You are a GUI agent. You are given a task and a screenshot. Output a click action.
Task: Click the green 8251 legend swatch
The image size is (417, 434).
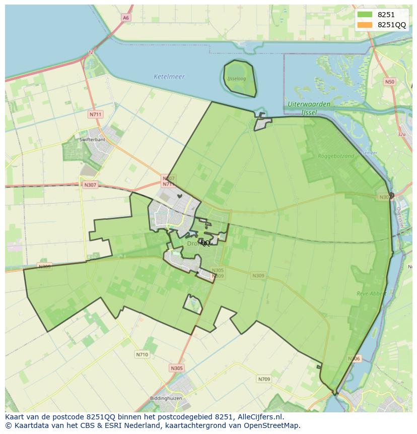pyautogui.click(x=365, y=15)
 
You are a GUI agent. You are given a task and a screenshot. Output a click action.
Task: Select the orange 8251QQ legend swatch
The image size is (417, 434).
pyautogui.click(x=365, y=25)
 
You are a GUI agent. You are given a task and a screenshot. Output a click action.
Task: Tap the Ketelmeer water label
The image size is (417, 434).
pyautogui.click(x=169, y=77)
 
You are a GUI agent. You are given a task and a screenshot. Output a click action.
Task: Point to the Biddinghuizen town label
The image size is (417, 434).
pyautogui.click(x=166, y=398)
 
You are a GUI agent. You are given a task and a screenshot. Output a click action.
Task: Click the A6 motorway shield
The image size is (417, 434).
pyautogui.click(x=125, y=18)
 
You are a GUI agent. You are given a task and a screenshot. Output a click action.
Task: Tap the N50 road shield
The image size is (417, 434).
pyautogui.click(x=389, y=82)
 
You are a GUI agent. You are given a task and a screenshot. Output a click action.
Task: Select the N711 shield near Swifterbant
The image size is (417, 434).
pyautogui.click(x=95, y=114)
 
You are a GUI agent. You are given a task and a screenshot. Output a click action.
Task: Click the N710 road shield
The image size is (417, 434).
pyautogui.click(x=142, y=354)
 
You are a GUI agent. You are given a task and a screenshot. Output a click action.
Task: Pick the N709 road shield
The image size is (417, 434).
pyautogui.click(x=264, y=379)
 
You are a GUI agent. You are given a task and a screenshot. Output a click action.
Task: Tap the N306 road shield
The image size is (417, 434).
pyautogui.click(x=354, y=359)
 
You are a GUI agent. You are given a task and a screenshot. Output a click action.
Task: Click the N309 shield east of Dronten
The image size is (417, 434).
pyautogui.click(x=258, y=276)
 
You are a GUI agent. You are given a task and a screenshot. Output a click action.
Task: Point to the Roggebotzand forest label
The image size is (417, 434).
pyautogui.click(x=336, y=156)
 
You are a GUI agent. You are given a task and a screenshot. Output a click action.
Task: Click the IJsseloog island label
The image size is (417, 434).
pyautogui.click(x=236, y=79)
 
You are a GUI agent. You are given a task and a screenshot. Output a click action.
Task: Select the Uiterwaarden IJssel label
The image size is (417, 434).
pyautogui.click(x=309, y=108)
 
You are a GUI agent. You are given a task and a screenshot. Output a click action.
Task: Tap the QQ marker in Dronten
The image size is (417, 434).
pyautogui.click(x=205, y=243)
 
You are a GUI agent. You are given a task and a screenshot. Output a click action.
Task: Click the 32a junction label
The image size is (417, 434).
pyautogui.click(x=401, y=135)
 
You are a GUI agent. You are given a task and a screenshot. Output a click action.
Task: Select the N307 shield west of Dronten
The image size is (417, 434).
pyautogui.click(x=90, y=184)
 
